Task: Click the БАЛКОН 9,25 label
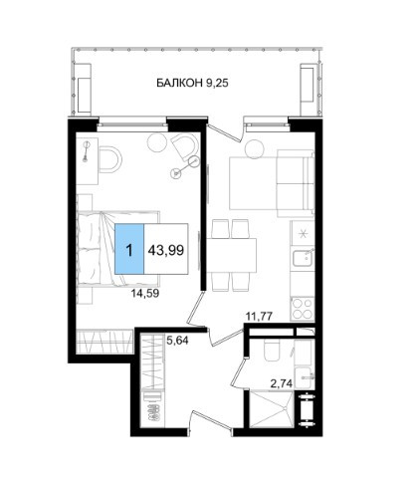click(x=192, y=83)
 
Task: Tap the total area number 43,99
click(x=166, y=250)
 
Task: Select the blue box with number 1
click(x=129, y=249)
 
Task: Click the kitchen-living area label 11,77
click(x=259, y=316)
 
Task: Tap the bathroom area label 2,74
click(x=282, y=384)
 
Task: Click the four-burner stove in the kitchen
click(x=303, y=309)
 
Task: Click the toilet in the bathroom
click(x=273, y=351)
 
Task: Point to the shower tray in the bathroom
click(x=271, y=408)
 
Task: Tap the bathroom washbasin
click(x=305, y=377)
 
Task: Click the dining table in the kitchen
click(x=232, y=255)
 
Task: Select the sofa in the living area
click(x=296, y=183)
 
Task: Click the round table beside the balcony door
click(x=254, y=149)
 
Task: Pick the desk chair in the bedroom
click(x=110, y=159)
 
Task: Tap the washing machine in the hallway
click(x=152, y=408)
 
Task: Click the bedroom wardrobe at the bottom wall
click(x=104, y=342)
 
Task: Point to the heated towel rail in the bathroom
click(x=306, y=410)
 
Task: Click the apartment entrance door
click(x=211, y=420)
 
